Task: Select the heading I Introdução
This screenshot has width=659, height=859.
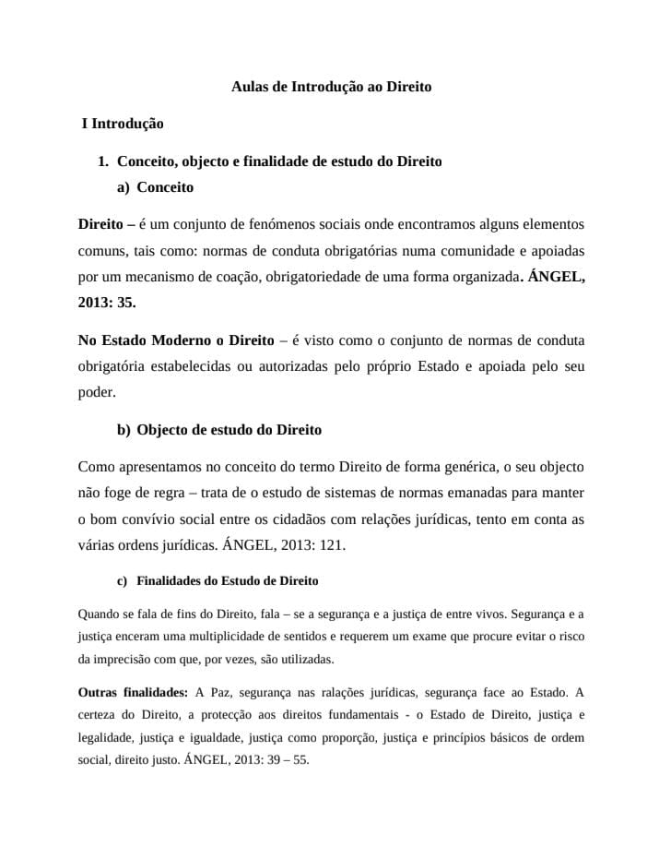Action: coord(123,122)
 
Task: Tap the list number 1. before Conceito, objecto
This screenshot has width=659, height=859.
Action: coord(103,161)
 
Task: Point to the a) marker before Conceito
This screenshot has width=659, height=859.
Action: coord(123,187)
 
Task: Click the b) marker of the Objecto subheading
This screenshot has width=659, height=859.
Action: coord(124,430)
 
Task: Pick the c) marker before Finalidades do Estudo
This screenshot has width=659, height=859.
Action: coord(122,581)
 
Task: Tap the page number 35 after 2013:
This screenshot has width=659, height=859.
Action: coord(126,301)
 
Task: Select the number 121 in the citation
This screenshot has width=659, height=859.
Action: coord(329,544)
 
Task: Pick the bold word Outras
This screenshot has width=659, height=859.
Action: coord(100,692)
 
